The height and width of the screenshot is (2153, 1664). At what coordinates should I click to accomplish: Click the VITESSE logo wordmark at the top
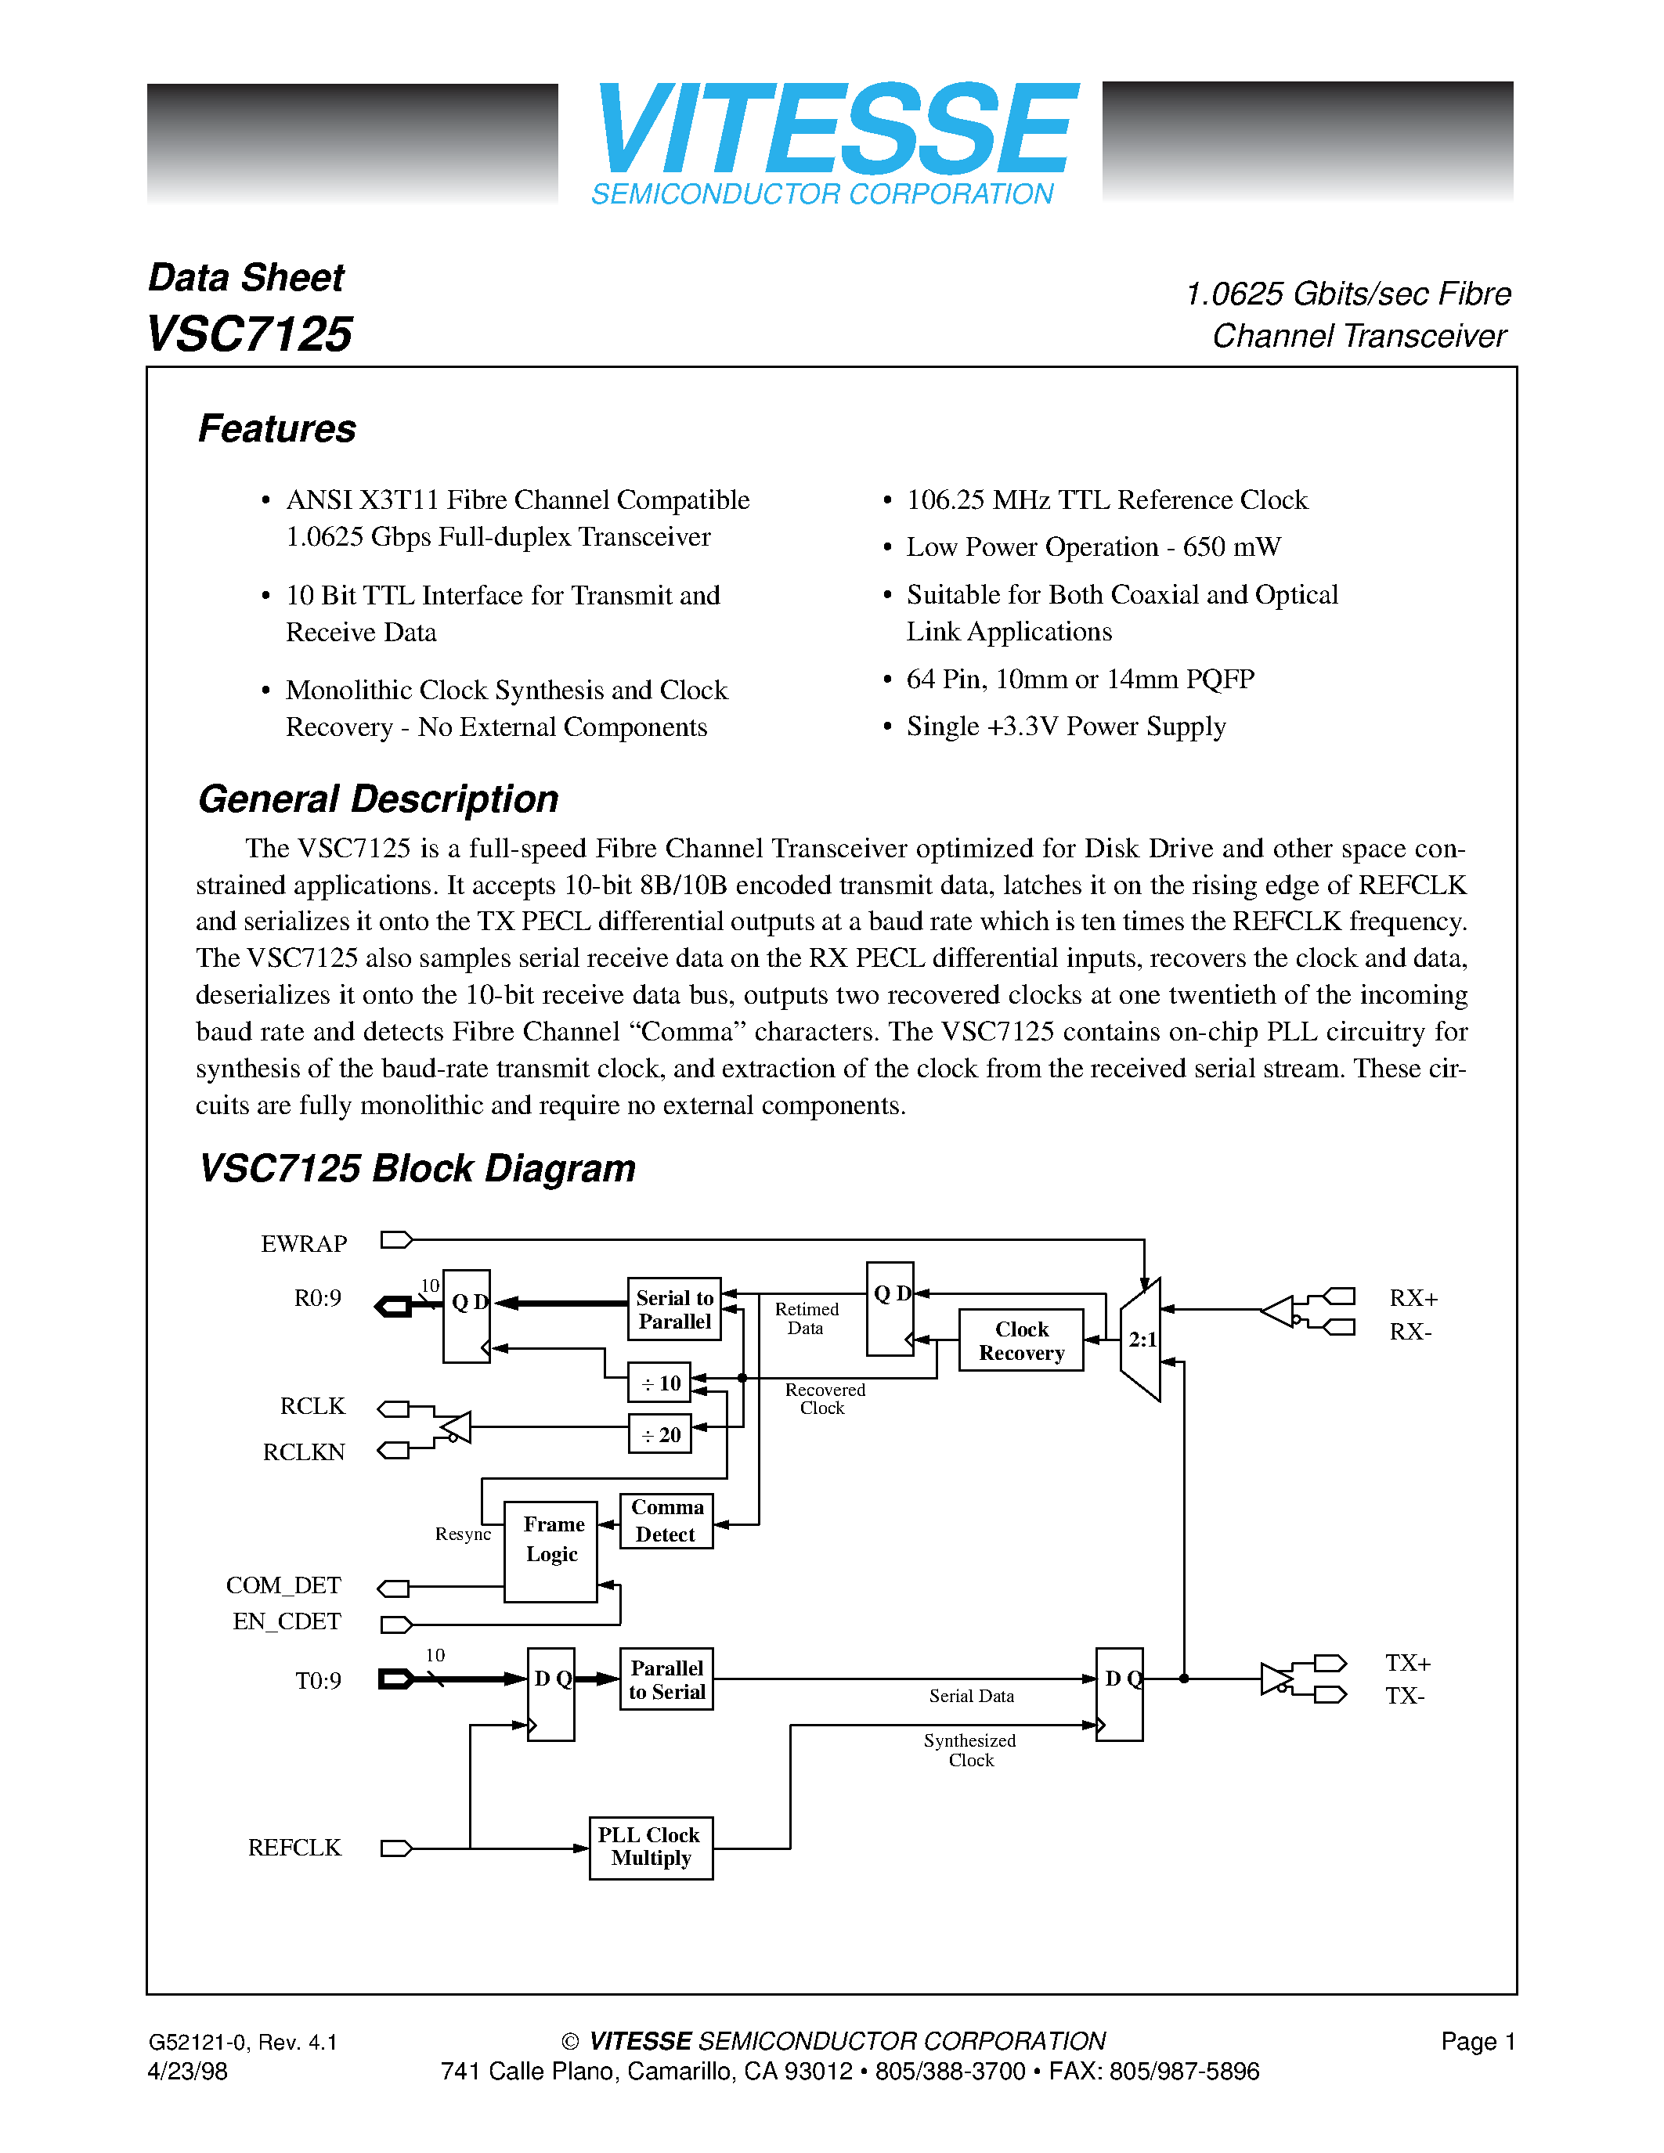click(834, 129)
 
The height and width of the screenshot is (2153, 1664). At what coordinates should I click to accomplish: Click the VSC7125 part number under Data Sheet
click(249, 334)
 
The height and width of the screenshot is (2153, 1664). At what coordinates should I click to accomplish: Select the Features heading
click(277, 429)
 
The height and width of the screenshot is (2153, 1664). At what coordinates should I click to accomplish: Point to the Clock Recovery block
click(1020, 1340)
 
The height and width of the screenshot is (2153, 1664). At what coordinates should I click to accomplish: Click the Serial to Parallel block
click(674, 1309)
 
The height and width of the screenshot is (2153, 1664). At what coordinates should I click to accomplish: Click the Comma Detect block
click(666, 1521)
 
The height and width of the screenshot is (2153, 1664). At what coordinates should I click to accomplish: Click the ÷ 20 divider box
click(660, 1434)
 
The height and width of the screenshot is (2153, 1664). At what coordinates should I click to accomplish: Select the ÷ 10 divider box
click(660, 1383)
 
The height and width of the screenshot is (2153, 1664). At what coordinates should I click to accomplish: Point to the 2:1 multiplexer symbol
click(1142, 1340)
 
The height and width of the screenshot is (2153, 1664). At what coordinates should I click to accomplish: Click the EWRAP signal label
click(304, 1244)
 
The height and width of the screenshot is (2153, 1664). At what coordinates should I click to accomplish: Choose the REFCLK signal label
click(294, 1848)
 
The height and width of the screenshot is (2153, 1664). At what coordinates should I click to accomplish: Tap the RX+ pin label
click(1413, 1298)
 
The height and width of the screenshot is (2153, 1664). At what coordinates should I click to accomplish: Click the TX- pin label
click(1405, 1696)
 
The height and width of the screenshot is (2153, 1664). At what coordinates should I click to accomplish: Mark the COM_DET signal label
click(284, 1585)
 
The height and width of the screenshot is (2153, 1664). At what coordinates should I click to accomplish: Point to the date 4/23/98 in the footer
click(187, 2071)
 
